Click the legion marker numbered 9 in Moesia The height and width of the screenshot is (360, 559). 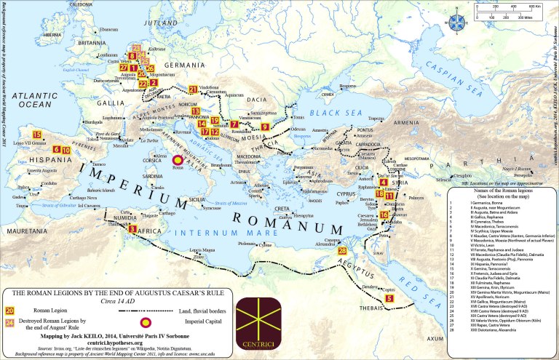[x=265, y=127]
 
